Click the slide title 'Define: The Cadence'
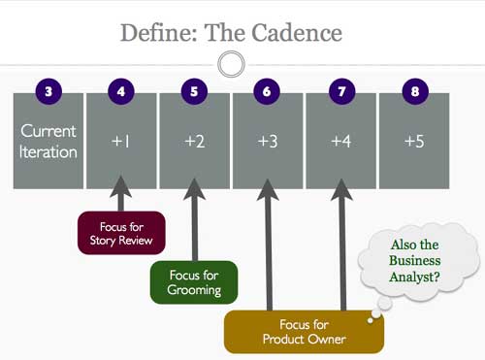click(x=231, y=32)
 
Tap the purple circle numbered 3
click(x=48, y=92)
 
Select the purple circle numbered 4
click(x=121, y=92)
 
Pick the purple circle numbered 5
click(x=195, y=92)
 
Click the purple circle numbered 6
click(x=268, y=92)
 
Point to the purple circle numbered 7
click(x=341, y=92)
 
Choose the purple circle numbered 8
click(x=414, y=92)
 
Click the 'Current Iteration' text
click(x=48, y=142)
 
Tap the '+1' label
click(x=121, y=142)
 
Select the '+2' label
click(x=195, y=142)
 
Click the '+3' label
click(x=268, y=142)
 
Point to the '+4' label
click(x=341, y=142)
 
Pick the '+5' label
click(x=414, y=142)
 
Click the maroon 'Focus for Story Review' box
click(x=121, y=234)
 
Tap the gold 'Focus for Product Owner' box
click(x=304, y=331)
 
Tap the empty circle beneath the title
click(x=231, y=65)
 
